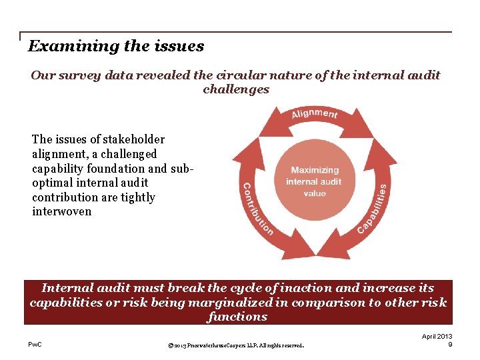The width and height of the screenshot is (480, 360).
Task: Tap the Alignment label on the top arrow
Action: [314, 114]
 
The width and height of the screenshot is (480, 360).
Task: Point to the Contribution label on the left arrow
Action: [256, 209]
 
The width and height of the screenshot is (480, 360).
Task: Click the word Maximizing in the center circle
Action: [315, 170]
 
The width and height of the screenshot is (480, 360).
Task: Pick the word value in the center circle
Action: [315, 193]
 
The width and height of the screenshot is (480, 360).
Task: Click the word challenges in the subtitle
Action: [236, 89]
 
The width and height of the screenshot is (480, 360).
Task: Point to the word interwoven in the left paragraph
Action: [61, 211]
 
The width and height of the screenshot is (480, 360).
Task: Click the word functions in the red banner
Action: [237, 317]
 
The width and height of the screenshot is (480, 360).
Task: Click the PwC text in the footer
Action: [36, 345]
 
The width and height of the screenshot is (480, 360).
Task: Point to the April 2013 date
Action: [437, 337]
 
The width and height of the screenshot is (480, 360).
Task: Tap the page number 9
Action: [450, 345]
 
